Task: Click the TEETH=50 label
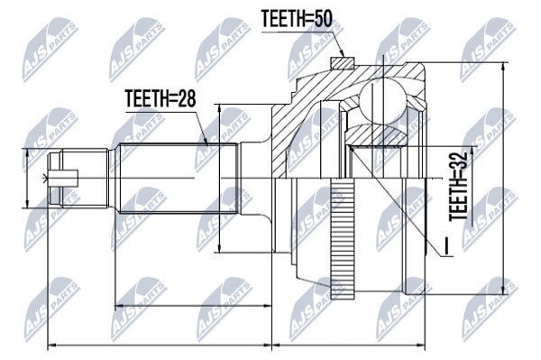coord(297,19)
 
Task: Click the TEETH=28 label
coord(160,98)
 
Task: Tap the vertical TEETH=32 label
coord(457,187)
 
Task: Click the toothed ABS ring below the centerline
coord(343,238)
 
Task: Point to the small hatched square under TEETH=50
coord(342,63)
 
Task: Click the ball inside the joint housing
coord(383,101)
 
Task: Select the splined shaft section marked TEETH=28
coord(178,178)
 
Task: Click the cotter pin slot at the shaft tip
coord(63,178)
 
